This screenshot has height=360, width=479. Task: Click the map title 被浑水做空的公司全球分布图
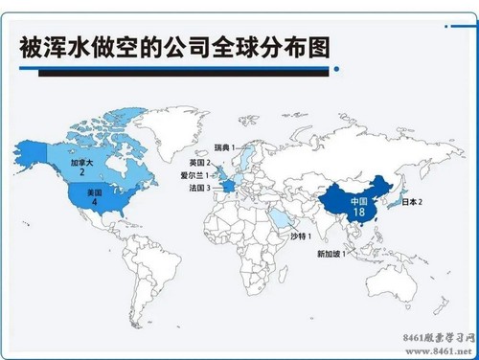(173, 48)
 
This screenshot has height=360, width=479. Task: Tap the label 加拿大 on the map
(82, 164)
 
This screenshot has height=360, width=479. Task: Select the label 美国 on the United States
(93, 192)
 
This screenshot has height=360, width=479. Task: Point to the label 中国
(358, 202)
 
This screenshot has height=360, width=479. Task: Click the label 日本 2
(412, 203)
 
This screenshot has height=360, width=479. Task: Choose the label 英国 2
(200, 164)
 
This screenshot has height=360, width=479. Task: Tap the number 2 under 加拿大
(82, 173)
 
